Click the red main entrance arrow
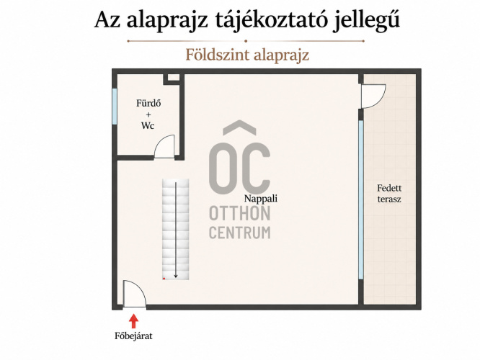point(133,321)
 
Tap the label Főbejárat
point(133,336)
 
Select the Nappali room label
point(261,199)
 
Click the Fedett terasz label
point(389,194)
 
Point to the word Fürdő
point(148,103)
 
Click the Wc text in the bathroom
point(148,125)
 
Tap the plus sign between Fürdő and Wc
point(148,114)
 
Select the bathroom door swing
point(164,146)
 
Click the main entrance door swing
point(135,294)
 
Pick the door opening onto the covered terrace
point(373,96)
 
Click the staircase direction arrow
point(176,230)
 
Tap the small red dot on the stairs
point(164,279)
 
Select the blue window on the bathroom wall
point(115,107)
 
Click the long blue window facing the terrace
point(361,199)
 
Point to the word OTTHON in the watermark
point(240,214)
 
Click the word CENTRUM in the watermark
point(240,233)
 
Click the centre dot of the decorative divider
point(246,40)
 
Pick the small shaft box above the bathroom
point(174,78)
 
